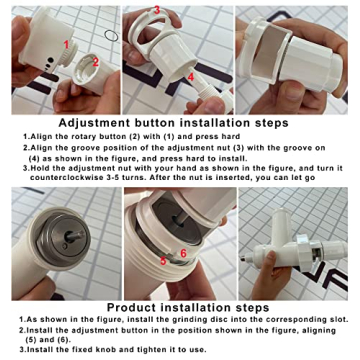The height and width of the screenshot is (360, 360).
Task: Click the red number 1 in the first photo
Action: point(67,41)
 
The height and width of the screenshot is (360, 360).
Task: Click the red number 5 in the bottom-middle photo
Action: point(162,258)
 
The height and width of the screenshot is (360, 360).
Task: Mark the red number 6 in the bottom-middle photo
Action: point(183,253)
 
